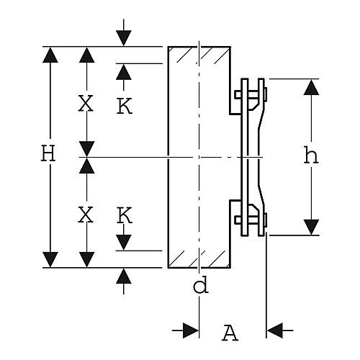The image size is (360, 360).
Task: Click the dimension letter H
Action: click(48, 153)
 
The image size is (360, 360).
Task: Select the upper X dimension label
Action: click(86, 104)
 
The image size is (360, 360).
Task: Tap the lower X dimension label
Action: click(86, 215)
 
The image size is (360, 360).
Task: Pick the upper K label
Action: click(125, 106)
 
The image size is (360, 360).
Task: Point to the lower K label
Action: click(125, 215)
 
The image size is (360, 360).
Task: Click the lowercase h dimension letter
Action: click(311, 156)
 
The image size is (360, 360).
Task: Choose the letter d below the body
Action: click(201, 284)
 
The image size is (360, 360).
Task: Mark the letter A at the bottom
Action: click(230, 333)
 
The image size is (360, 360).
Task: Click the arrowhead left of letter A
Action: click(191, 330)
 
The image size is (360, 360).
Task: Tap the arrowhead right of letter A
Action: click(275, 330)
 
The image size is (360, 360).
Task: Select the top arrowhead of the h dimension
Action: click(311, 87)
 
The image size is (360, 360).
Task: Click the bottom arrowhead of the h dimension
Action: click(311, 227)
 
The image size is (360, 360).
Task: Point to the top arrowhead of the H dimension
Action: click(50, 55)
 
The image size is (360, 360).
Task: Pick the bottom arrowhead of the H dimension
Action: click(50, 259)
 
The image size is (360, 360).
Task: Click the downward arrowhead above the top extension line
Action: click(124, 38)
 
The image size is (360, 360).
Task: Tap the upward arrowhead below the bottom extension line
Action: click(124, 276)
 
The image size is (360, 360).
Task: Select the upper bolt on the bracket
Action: click(251, 94)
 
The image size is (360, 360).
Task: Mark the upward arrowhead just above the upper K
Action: click(124, 72)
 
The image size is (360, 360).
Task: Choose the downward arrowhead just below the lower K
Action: click(124, 243)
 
